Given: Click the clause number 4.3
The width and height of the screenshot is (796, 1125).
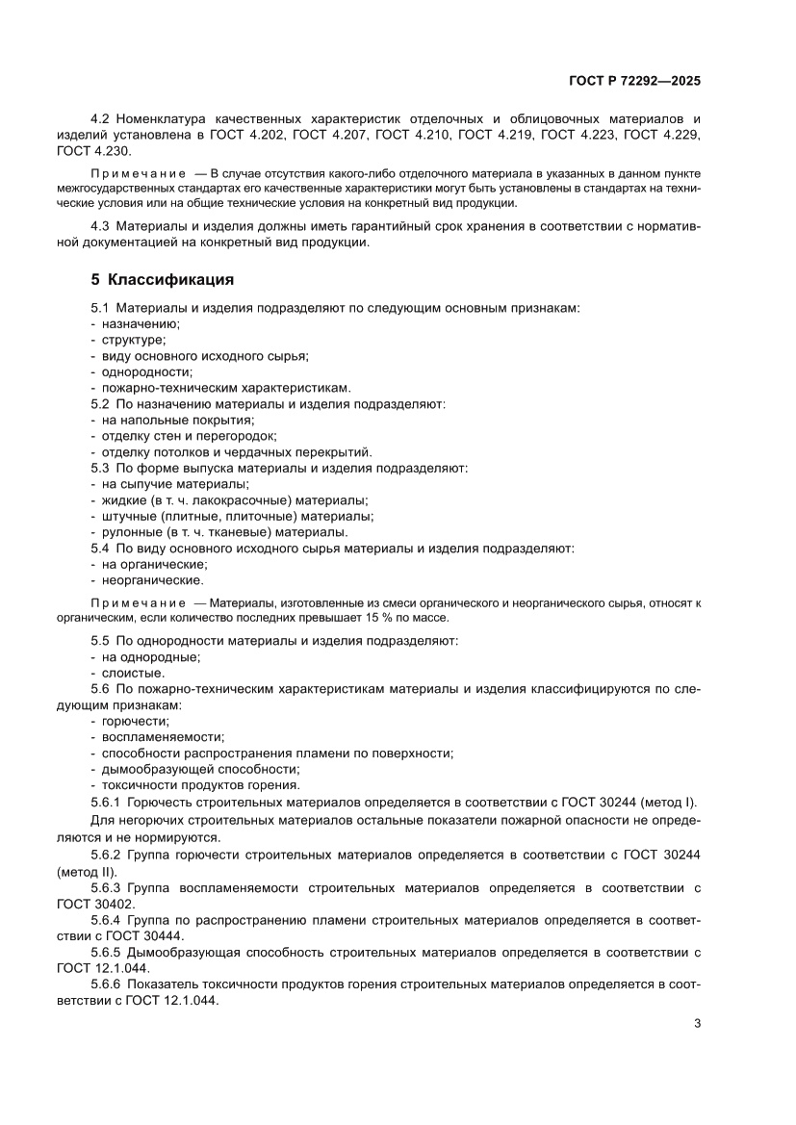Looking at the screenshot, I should click(102, 225).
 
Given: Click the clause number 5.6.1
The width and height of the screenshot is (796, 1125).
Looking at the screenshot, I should click(106, 802).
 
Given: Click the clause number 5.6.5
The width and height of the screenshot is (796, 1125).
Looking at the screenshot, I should click(106, 952).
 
